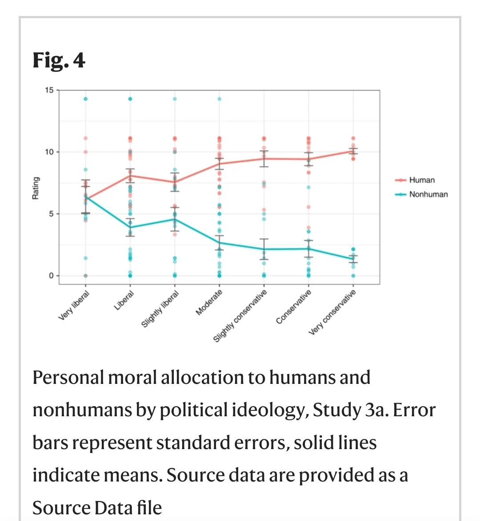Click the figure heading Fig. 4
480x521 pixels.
(x=59, y=60)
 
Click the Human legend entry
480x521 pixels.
(x=421, y=180)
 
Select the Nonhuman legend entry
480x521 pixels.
(x=428, y=194)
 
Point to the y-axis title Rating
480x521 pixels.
(x=36, y=188)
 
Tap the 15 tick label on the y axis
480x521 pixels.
(x=49, y=90)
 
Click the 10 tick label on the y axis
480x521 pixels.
(x=49, y=152)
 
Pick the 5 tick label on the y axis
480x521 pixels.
(x=51, y=214)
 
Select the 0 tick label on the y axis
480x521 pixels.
(x=51, y=276)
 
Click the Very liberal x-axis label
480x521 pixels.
(x=74, y=305)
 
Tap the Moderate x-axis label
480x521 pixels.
(x=209, y=303)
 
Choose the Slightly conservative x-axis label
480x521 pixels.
(x=240, y=316)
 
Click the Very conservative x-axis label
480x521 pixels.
(x=332, y=312)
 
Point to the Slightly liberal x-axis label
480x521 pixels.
(x=160, y=309)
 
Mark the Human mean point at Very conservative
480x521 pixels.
(x=353, y=151)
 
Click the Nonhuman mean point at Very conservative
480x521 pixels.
(x=353, y=259)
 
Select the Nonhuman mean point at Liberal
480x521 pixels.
(x=130, y=227)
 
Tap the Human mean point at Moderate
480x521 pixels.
(x=220, y=164)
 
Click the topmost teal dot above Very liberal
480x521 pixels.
(x=86, y=99)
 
